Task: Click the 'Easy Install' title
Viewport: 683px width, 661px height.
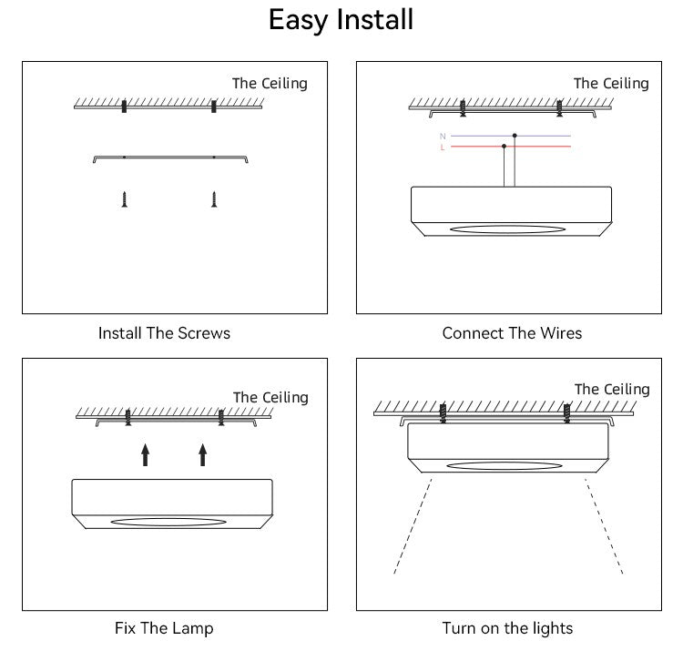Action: coord(341,20)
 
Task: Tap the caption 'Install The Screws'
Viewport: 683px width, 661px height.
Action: coord(164,333)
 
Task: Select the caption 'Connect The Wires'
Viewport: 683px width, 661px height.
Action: coord(512,333)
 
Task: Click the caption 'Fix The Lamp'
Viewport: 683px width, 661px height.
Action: coord(164,628)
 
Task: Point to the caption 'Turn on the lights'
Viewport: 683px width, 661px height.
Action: coord(507,628)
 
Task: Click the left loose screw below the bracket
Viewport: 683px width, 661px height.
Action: coord(124,198)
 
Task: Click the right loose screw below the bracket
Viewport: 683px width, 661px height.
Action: coord(214,198)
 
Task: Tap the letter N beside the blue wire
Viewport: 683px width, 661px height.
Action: coord(443,136)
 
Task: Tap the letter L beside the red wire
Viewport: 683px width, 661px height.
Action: coord(443,147)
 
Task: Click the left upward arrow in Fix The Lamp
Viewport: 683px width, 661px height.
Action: coord(145,454)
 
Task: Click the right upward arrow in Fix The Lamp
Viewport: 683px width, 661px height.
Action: coord(202,454)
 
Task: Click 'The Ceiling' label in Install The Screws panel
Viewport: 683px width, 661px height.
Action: coord(270,84)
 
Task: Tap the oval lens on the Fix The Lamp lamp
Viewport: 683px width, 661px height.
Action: coord(168,522)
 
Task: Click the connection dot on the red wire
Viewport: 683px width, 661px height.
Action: coord(504,146)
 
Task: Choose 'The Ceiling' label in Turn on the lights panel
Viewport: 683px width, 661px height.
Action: coord(612,390)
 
